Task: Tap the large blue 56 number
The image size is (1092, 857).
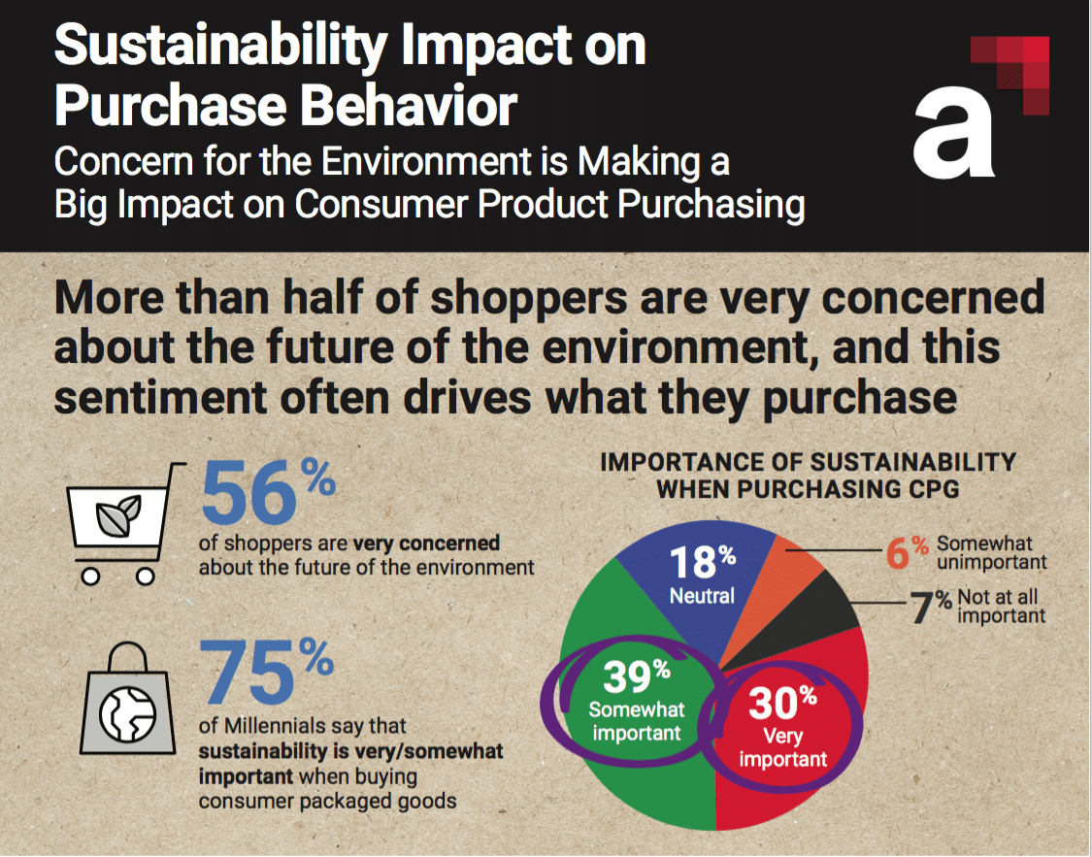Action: (249, 492)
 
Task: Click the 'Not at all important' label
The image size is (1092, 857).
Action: (1001, 607)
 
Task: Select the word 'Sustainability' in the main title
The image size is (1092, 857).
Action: (229, 49)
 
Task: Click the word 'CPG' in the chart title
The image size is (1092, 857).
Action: (926, 489)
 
